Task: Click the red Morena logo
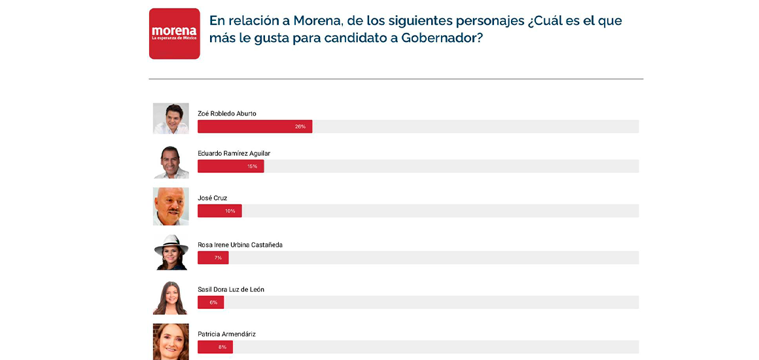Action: [x=174, y=33]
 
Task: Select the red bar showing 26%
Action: [x=255, y=126]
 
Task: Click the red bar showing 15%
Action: [x=230, y=166]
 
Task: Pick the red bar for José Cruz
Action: [x=219, y=211]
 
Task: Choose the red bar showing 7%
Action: [x=213, y=258]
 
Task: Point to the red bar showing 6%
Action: [x=211, y=302]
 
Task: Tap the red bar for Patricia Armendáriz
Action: [x=215, y=347]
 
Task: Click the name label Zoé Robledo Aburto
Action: [x=226, y=114]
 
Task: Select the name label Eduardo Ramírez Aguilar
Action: [x=234, y=154]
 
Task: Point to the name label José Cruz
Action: [x=212, y=198]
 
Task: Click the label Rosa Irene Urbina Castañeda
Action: [x=239, y=245]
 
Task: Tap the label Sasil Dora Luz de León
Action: [x=230, y=289]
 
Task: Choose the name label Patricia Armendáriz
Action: [x=226, y=334]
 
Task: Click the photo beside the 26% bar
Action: [x=171, y=118]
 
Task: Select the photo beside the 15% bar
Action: [x=171, y=162]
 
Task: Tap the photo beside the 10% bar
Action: [x=171, y=206]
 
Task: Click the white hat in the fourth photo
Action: [x=171, y=243]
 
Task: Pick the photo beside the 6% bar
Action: [x=171, y=297]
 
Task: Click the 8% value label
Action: [x=222, y=347]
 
